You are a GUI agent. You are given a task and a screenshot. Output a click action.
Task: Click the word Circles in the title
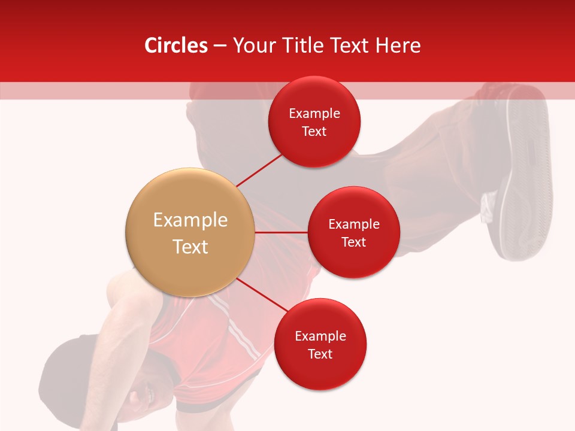point(176,45)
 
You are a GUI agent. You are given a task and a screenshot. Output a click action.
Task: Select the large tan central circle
point(190,232)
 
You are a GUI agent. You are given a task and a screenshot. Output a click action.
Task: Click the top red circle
point(314,122)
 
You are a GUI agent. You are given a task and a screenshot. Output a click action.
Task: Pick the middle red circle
point(353,232)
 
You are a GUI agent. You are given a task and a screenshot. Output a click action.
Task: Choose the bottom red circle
point(320,344)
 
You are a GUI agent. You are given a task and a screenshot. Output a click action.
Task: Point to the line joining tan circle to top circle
point(259,169)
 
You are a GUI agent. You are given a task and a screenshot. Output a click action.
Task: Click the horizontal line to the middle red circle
point(281,232)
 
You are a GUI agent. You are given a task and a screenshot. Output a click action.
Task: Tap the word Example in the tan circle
point(190,220)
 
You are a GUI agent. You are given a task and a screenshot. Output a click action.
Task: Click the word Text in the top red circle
point(314,131)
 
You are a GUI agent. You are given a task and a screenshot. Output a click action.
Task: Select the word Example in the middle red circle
point(353,224)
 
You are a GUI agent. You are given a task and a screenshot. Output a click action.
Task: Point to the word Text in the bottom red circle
point(320,354)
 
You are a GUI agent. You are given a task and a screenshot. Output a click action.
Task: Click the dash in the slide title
point(220,46)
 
